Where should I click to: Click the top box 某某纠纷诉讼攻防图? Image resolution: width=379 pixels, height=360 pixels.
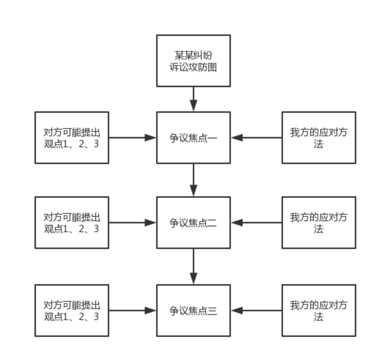pos(193,60)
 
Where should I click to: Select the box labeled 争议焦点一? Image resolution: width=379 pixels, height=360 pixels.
pos(193,137)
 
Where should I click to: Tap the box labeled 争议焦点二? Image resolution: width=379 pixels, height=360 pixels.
pos(193,223)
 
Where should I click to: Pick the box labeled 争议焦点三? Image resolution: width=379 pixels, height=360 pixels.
pos(193,310)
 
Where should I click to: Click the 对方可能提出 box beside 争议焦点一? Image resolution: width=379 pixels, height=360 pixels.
pos(72,137)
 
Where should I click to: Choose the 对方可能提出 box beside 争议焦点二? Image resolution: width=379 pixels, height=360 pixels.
pos(72,223)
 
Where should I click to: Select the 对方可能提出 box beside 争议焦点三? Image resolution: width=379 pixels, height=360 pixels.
pos(72,310)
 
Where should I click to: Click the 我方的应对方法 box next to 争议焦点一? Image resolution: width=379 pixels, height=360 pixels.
pos(319,137)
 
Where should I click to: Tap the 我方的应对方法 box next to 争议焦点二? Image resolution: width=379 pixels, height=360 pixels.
pos(319,223)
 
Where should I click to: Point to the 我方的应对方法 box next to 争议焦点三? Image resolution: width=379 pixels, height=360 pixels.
pos(319,310)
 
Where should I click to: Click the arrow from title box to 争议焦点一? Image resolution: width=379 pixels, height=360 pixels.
pos(194,99)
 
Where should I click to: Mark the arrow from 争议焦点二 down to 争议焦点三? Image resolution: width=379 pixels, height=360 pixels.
pos(194,266)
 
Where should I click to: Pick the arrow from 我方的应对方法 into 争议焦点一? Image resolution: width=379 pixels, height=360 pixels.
pos(256,137)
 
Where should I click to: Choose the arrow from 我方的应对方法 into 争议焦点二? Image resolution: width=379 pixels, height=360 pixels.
pos(256,222)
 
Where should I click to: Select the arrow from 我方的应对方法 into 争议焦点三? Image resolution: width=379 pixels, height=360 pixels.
pos(256,310)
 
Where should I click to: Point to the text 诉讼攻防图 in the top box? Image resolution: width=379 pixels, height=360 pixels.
pos(193,67)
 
